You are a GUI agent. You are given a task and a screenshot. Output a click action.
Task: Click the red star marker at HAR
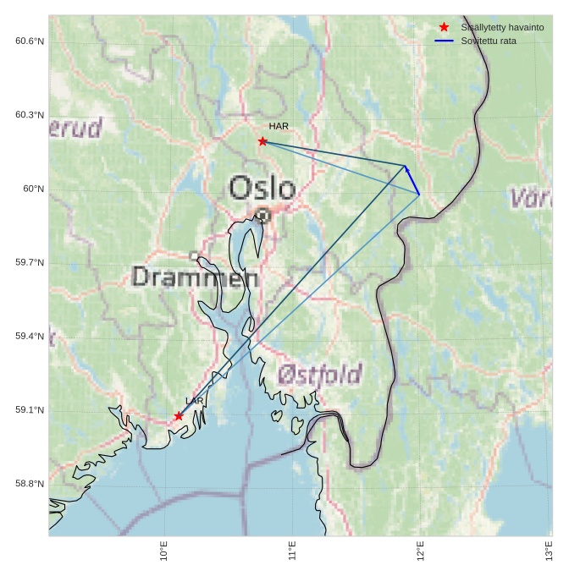click(262, 141)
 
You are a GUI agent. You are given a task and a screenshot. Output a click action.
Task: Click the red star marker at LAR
click(179, 416)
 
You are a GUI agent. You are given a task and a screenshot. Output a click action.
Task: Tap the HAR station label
click(279, 126)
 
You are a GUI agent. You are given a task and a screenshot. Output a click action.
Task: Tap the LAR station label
click(195, 401)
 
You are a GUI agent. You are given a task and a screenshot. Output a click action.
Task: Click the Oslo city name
click(262, 188)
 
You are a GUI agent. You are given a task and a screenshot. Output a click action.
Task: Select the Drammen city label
click(196, 277)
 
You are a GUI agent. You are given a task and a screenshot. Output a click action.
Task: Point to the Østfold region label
click(320, 374)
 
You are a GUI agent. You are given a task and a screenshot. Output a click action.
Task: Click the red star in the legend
click(444, 27)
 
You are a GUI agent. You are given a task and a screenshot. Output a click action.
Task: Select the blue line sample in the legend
click(445, 41)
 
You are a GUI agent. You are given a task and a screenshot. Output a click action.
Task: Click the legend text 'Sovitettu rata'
click(489, 41)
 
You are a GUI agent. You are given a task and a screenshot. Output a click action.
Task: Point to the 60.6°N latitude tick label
click(30, 41)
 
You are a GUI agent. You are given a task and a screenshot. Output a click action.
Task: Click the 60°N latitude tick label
click(33, 189)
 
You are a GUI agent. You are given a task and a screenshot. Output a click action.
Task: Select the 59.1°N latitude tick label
click(30, 410)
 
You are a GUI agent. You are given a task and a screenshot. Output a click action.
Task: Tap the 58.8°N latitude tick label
click(30, 484)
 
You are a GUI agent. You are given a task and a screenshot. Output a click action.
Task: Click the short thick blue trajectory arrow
click(412, 181)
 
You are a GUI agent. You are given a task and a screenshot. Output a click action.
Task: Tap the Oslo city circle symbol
click(263, 216)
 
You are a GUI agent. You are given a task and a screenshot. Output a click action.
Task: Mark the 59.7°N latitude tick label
click(30, 263)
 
